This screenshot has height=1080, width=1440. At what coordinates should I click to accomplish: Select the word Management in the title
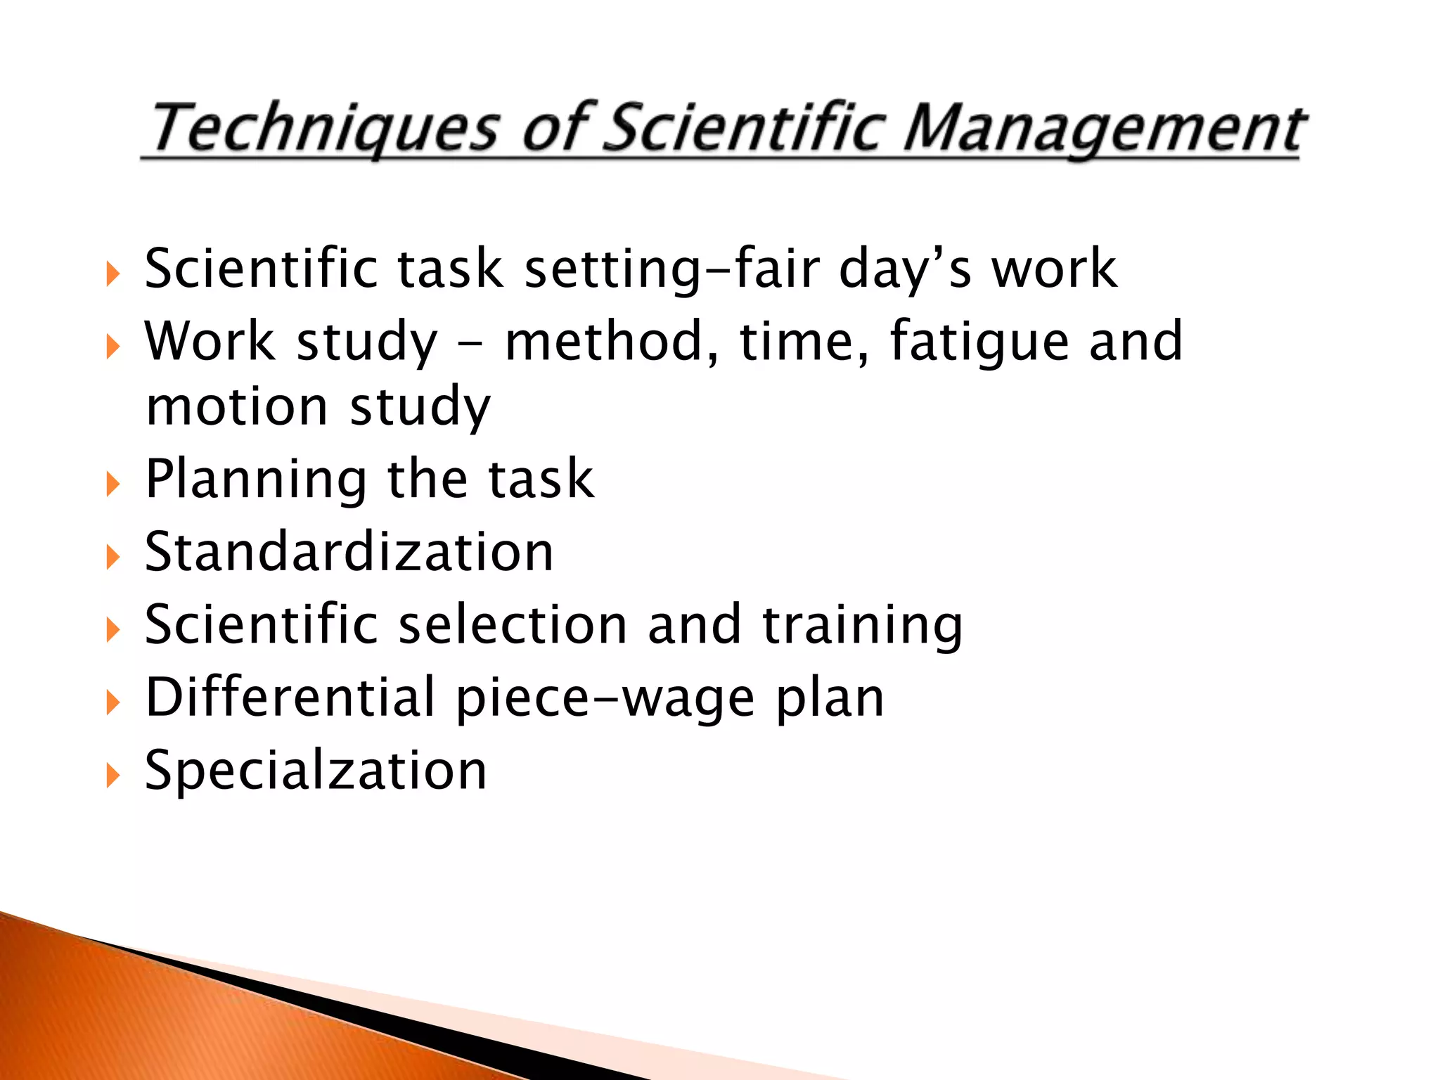(x=1105, y=129)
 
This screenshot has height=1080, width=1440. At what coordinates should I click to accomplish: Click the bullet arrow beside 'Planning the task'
(x=112, y=484)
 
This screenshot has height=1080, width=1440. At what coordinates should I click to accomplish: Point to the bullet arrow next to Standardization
(x=112, y=558)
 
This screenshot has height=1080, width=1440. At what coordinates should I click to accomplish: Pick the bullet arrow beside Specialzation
(x=112, y=776)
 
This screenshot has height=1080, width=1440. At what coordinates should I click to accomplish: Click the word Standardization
(x=349, y=552)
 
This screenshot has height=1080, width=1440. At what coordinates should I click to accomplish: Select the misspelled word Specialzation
(x=316, y=771)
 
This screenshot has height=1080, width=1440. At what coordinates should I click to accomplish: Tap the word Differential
(x=290, y=697)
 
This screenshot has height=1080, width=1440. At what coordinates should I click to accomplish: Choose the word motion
(x=237, y=406)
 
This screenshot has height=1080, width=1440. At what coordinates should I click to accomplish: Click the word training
(x=863, y=625)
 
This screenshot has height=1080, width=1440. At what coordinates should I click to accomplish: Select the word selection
(x=513, y=625)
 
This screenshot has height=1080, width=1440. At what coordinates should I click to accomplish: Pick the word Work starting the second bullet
(x=210, y=342)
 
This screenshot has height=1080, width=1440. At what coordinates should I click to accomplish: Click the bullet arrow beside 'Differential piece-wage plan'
(x=112, y=702)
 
